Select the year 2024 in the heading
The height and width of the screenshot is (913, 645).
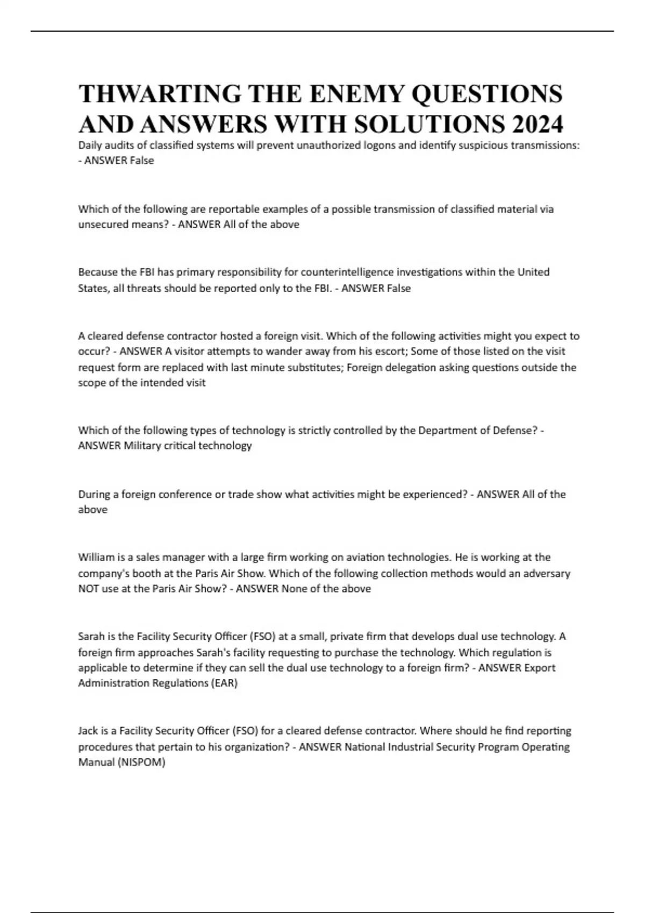[535, 125]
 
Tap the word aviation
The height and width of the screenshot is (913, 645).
[365, 557]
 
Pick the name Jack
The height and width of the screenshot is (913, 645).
[88, 731]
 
